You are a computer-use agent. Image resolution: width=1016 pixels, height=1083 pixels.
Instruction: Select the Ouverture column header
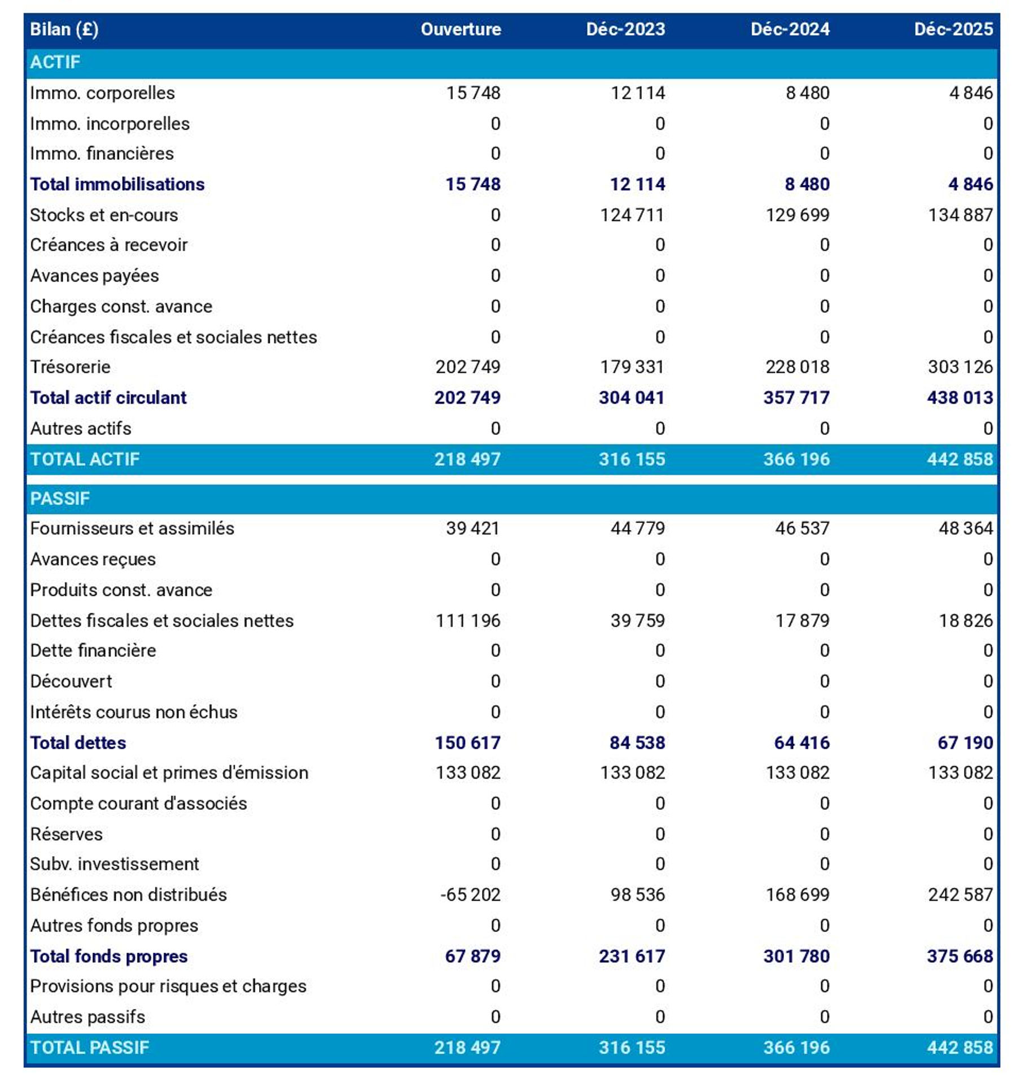(461, 29)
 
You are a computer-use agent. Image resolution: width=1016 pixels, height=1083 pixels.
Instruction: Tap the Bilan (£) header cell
(64, 29)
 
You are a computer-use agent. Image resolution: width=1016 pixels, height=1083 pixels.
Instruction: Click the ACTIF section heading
(55, 62)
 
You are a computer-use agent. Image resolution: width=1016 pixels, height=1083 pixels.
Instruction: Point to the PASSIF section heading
(59, 498)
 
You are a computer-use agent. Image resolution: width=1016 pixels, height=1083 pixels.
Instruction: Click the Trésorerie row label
(70, 367)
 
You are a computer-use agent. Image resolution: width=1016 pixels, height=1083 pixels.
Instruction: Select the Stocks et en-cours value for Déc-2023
(632, 215)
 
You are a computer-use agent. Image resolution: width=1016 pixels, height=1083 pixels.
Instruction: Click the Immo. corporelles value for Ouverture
(473, 93)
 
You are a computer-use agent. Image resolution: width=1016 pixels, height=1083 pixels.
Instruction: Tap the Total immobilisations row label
(117, 184)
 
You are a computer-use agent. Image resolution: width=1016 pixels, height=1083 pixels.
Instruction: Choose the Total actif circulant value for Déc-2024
(796, 398)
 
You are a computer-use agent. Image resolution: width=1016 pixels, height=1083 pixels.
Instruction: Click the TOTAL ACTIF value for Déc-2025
(960, 459)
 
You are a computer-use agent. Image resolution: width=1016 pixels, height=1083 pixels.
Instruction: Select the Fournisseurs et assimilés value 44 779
(637, 529)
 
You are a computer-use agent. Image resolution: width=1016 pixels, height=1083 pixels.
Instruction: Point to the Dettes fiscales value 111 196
(467, 621)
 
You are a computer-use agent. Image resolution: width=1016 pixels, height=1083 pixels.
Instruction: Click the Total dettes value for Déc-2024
(802, 743)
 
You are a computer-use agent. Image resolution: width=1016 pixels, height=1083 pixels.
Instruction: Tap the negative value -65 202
(470, 895)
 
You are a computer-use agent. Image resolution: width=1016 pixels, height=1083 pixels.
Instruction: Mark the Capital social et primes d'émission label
(169, 772)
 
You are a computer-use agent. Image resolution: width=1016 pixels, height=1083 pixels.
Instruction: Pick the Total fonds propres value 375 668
(960, 956)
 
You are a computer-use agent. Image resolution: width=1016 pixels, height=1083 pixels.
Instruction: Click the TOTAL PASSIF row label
(89, 1047)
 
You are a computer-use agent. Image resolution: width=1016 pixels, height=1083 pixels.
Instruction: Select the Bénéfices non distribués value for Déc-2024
(797, 895)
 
